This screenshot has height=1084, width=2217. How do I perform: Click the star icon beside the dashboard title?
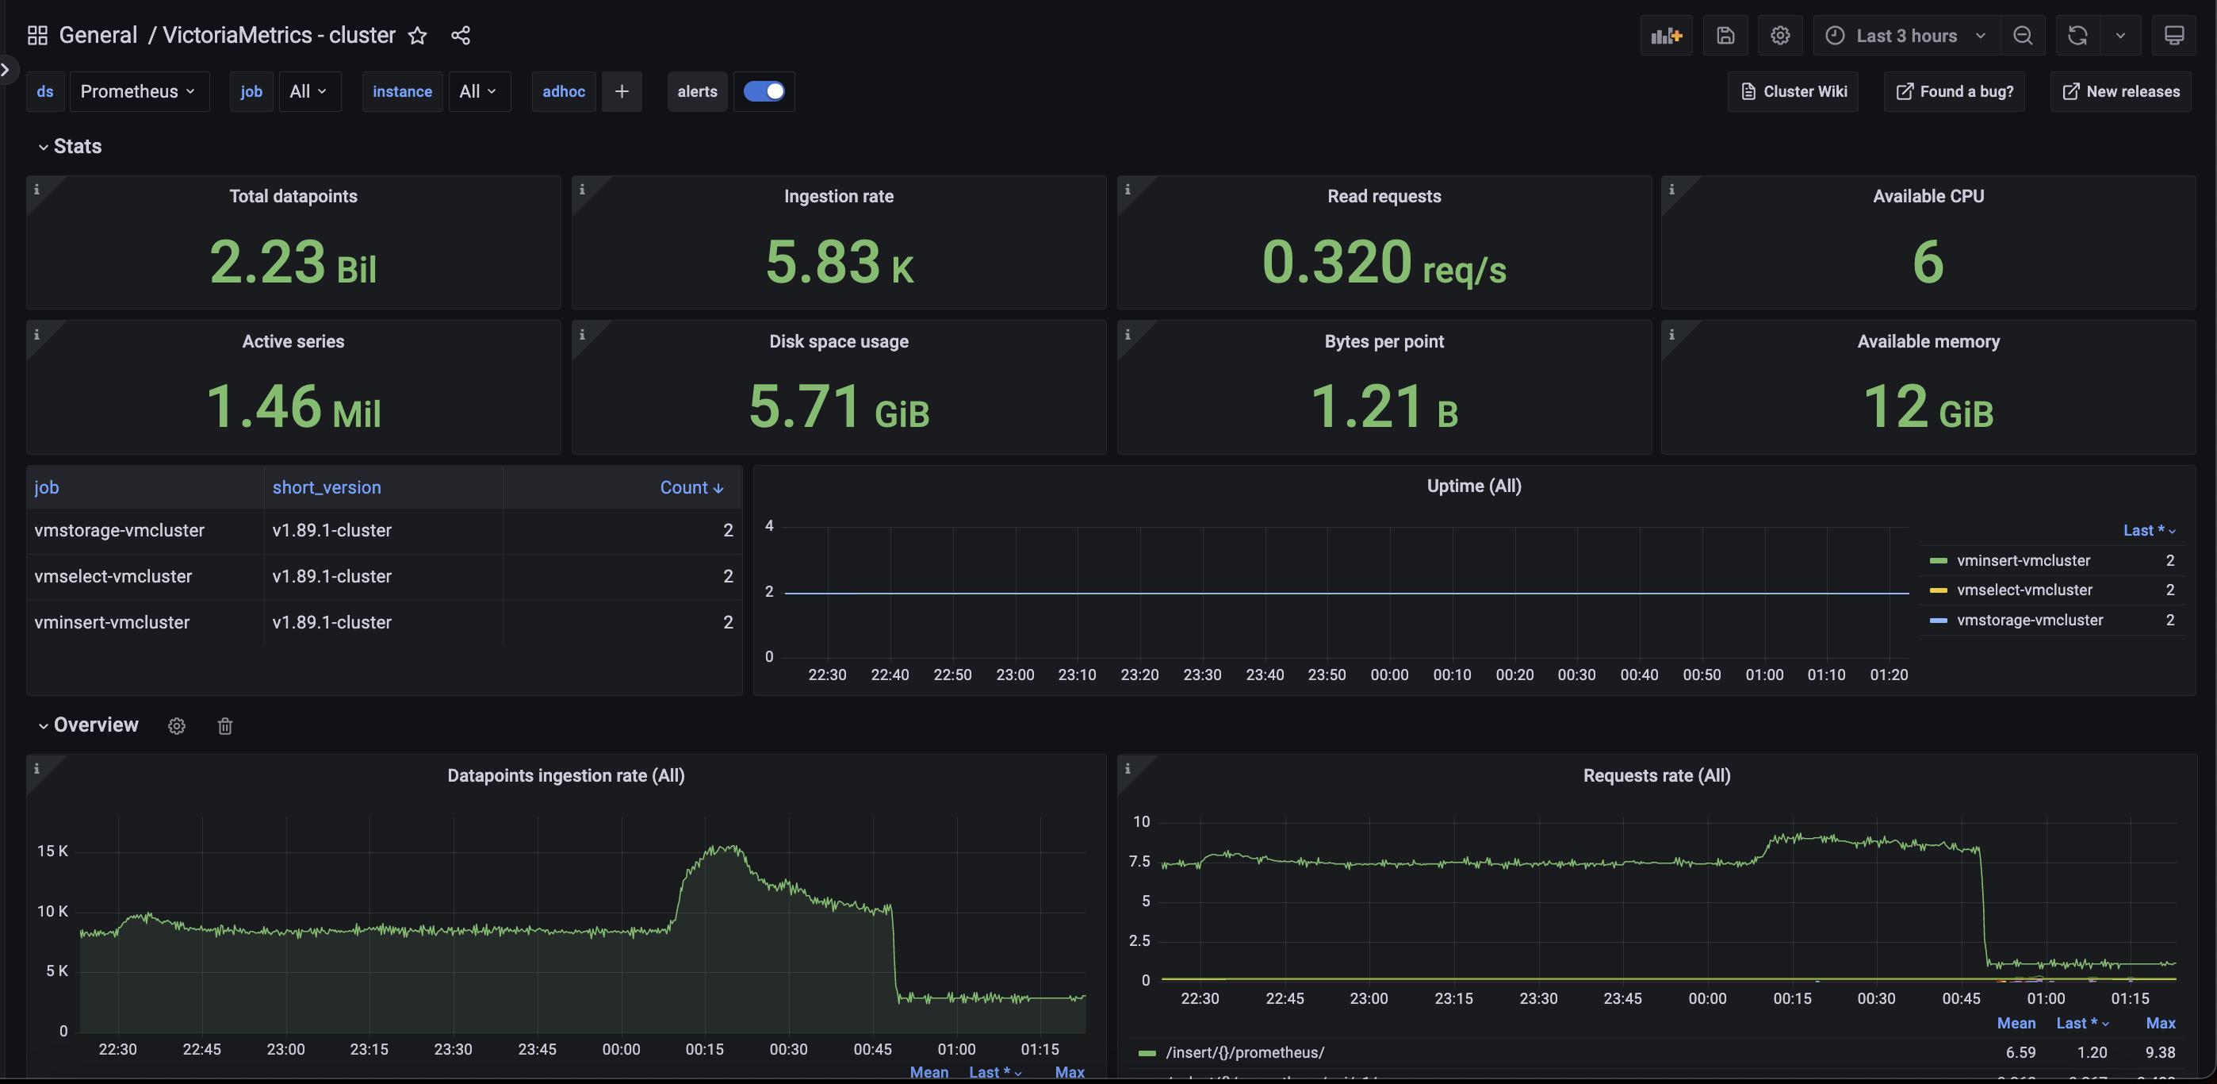[417, 35]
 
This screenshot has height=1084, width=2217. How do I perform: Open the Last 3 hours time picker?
[1905, 35]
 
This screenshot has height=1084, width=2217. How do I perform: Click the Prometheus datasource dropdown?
[138, 91]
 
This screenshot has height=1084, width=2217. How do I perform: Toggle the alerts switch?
[764, 91]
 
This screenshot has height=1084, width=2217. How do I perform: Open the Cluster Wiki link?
[1794, 91]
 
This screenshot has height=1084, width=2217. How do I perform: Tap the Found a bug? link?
[1955, 91]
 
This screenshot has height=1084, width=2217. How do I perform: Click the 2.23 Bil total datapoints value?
[293, 262]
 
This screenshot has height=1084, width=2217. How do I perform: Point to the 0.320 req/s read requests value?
[1383, 262]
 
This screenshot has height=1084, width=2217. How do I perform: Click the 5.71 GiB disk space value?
[838, 406]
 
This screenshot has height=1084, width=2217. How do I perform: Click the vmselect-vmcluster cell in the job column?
[113, 576]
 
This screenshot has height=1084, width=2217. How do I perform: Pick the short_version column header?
[326, 487]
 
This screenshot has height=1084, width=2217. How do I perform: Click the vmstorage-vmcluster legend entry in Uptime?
[2029, 620]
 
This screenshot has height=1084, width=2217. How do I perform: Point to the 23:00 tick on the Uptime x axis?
[1015, 675]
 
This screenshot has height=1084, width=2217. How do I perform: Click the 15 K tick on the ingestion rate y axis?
[52, 851]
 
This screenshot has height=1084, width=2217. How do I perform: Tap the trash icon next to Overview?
[224, 726]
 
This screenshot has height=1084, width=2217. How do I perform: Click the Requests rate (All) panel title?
[1656, 776]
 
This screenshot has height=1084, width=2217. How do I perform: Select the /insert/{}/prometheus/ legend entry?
[1244, 1052]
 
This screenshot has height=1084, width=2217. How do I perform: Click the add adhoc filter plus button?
[622, 91]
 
